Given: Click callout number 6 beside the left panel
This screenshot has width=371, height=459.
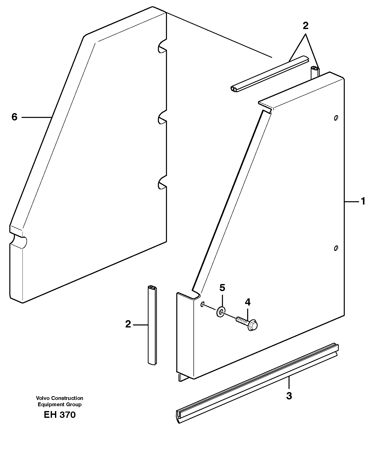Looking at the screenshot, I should pyautogui.click(x=14, y=117).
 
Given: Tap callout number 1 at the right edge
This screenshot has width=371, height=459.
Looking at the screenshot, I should pyautogui.click(x=363, y=201).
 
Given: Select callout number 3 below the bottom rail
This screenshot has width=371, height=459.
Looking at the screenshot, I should pyautogui.click(x=289, y=396).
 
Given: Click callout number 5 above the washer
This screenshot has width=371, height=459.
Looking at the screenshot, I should pyautogui.click(x=222, y=288).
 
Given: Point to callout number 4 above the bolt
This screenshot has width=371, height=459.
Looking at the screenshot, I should pyautogui.click(x=248, y=302).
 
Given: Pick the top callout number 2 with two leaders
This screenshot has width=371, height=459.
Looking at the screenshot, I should pyautogui.click(x=305, y=26).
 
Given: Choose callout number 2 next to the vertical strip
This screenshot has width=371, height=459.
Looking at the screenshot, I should pyautogui.click(x=128, y=324).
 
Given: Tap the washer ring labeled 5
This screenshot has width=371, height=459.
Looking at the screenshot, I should pyautogui.click(x=221, y=312).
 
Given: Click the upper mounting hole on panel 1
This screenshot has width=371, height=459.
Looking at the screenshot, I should pyautogui.click(x=336, y=118).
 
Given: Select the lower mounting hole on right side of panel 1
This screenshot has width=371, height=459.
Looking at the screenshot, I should pyautogui.click(x=336, y=248).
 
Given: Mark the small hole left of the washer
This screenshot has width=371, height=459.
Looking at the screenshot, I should pyautogui.click(x=202, y=304).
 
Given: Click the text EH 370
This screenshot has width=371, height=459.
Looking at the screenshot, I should pyautogui.click(x=60, y=415).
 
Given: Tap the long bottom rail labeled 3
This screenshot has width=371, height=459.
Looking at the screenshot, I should pyautogui.click(x=257, y=382).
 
